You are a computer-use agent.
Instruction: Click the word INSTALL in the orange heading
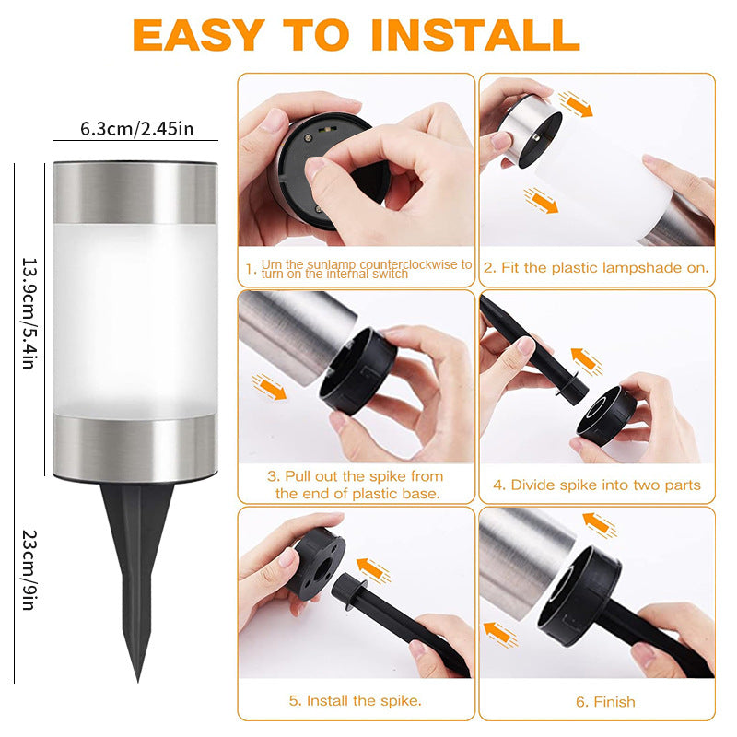coord(474,35)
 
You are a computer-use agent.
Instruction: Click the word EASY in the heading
coord(198,35)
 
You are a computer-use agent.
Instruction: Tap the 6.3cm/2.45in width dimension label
coord(136,129)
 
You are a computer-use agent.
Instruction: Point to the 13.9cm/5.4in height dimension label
coord(29,313)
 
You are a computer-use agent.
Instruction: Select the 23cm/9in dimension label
coord(29,570)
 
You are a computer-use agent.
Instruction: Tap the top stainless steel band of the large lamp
coord(135,193)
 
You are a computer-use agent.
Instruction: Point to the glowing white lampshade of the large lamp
coord(135,320)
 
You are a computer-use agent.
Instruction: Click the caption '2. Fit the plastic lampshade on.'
coord(596,268)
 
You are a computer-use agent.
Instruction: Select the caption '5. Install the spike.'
coord(356,701)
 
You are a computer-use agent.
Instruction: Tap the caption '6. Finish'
coord(605,702)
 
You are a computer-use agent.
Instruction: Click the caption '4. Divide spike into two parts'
coord(597,485)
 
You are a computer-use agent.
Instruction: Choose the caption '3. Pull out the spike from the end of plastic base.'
coord(357,485)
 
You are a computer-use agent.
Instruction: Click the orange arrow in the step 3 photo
coord(269,387)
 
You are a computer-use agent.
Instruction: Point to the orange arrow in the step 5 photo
coord(374,570)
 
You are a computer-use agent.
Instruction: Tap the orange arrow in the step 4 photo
coord(587,361)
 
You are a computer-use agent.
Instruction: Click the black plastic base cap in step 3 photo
coord(357,371)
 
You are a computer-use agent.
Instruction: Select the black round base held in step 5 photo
coord(316,564)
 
